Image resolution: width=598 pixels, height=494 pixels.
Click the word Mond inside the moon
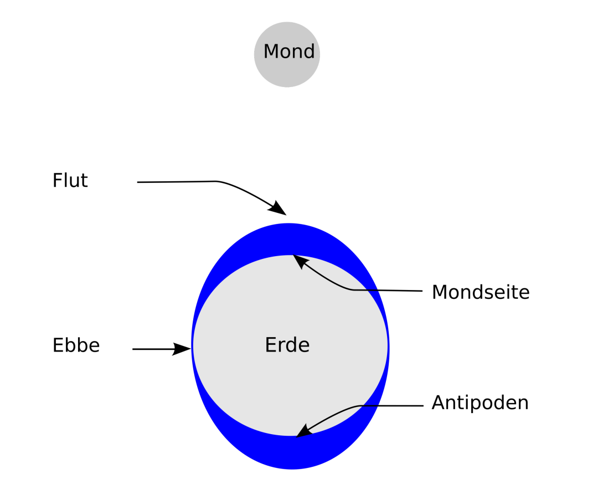pos(288,51)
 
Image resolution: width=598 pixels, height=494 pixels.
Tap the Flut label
pos(70,180)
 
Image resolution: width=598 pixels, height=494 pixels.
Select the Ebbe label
pos(76,345)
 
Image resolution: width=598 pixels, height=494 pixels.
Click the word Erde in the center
pos(287,345)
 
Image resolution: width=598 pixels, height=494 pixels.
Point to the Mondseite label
pos(481,292)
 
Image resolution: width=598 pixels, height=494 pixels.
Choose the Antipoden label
pos(480,403)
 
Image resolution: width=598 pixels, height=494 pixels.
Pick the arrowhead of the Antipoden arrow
pos(303,431)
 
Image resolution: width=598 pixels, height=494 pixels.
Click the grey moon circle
pos(287,54)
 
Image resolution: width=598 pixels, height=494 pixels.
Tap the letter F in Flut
pos(58,180)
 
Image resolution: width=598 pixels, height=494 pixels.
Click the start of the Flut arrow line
pos(137,182)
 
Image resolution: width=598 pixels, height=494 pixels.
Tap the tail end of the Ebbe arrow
pos(133,349)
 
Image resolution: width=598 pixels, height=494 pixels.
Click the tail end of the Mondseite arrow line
pos(422,291)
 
